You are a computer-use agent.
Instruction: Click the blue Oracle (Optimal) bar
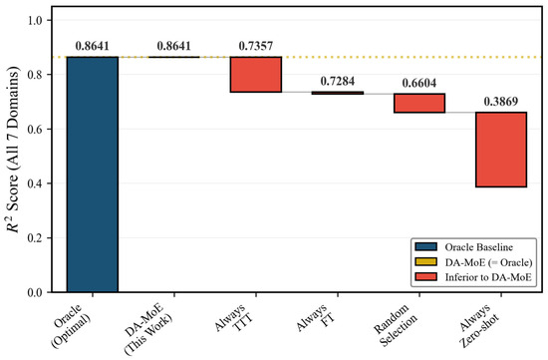coord(93,175)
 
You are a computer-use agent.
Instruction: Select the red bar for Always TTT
coord(256,74)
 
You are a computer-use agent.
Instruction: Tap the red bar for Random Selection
coord(419,103)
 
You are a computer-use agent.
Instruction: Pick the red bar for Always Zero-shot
coord(501,150)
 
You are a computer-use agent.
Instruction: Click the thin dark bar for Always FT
coord(338,93)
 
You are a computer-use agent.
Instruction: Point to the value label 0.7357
coord(256,46)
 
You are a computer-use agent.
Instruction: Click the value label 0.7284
coord(338,81)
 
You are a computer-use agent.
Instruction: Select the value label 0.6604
coord(419,83)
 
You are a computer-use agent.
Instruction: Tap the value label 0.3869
coord(501,102)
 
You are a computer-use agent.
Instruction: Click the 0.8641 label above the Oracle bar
coord(93,46)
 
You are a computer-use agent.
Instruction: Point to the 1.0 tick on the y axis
coord(35,20)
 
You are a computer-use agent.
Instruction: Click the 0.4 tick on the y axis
coord(35,183)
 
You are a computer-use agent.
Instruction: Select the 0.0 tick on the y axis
coord(35,292)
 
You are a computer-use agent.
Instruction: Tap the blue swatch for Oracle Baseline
coord(425,246)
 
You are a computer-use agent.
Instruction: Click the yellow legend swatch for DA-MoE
coord(425,261)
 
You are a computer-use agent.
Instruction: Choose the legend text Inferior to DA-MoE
coord(488,277)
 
